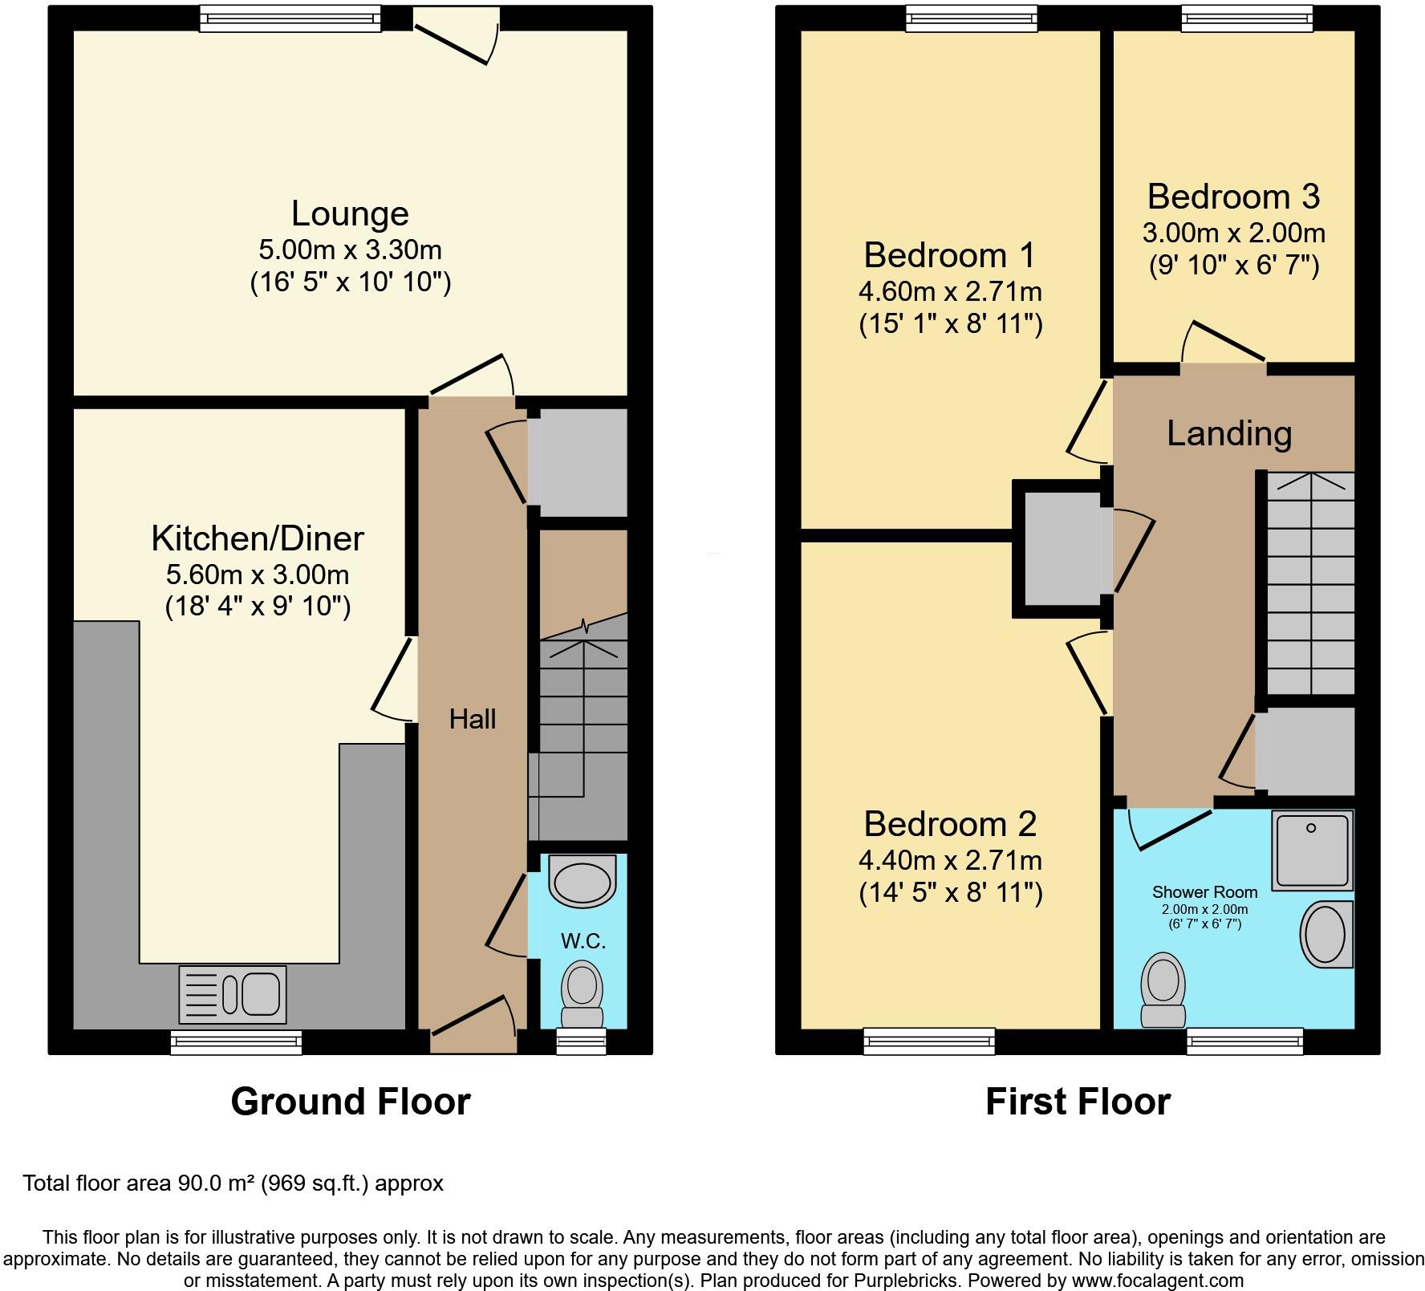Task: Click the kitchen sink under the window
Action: [233, 994]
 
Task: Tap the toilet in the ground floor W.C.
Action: [582, 993]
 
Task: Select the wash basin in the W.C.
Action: [583, 881]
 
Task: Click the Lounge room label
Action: [350, 214]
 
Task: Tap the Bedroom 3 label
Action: [1233, 197]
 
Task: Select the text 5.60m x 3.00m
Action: [258, 574]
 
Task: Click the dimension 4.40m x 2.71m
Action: [950, 860]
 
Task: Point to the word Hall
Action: [472, 719]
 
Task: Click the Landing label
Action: [1228, 434]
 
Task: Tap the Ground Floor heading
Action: [350, 1102]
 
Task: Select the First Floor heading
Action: [1078, 1102]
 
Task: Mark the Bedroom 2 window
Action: [929, 1042]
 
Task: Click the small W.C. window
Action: [581, 1042]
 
